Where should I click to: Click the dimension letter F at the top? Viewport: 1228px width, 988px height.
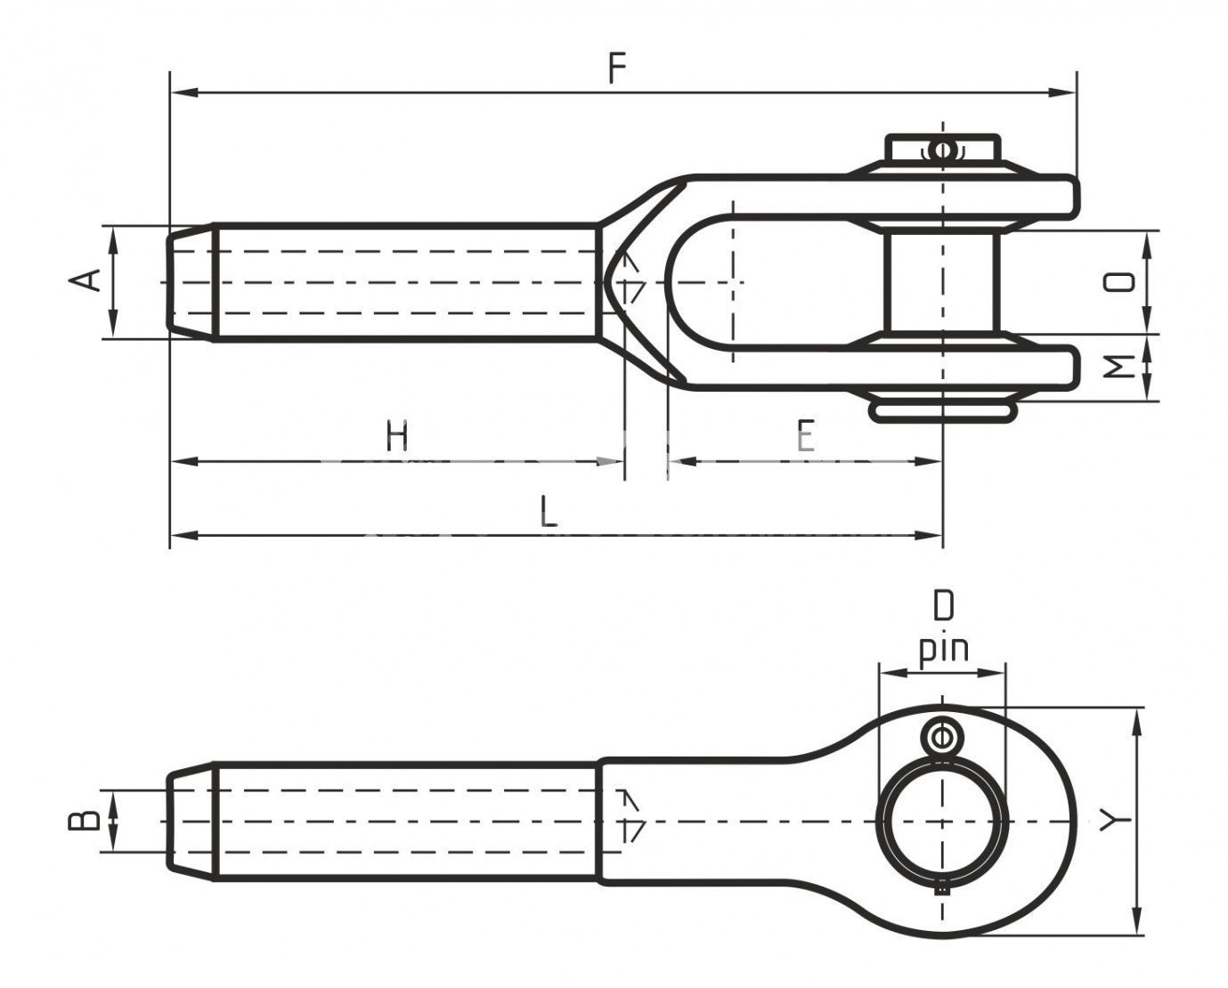click(617, 69)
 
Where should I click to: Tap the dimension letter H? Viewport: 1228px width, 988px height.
click(397, 437)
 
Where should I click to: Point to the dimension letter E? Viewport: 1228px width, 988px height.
click(805, 437)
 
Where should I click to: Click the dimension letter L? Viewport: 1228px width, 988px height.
click(549, 512)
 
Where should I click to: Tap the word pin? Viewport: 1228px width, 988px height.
click(943, 650)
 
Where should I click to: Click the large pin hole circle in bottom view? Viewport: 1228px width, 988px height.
click(942, 821)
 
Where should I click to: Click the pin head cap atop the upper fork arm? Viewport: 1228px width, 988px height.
click(942, 148)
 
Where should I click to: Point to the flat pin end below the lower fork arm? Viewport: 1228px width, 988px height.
click(942, 409)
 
